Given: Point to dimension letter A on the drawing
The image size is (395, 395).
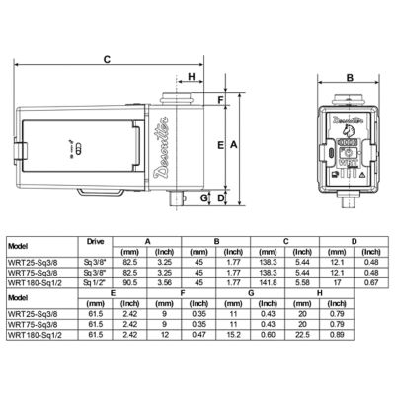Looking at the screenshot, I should coord(233,144).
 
